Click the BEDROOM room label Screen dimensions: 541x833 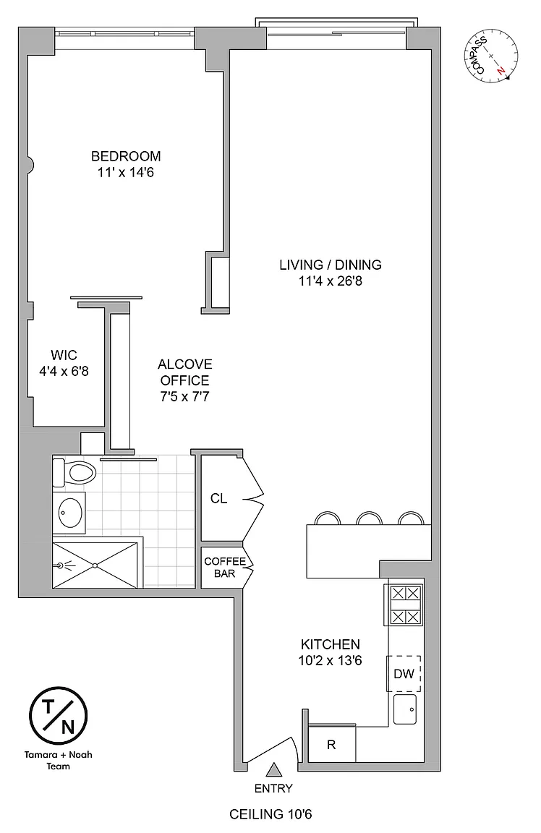pos(126,156)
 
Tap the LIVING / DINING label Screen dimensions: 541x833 pos(331,265)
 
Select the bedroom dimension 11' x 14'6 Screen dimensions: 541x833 pos(126,173)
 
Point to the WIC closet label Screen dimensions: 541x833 pos(64,355)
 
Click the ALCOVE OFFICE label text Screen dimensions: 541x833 pos(185,372)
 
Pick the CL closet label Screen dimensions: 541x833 pos(219,498)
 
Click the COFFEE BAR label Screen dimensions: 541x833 pos(225,568)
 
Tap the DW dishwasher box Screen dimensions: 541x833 pos(404,674)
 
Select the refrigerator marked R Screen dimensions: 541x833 pos(331,744)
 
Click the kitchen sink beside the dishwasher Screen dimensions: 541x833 pos(405,709)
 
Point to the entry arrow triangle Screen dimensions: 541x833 pos(273,769)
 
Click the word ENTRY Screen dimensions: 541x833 pos(273,788)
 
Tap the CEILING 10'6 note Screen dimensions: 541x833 pos(270,814)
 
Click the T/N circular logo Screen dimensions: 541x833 pos(58,716)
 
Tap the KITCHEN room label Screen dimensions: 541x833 pos(331,644)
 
